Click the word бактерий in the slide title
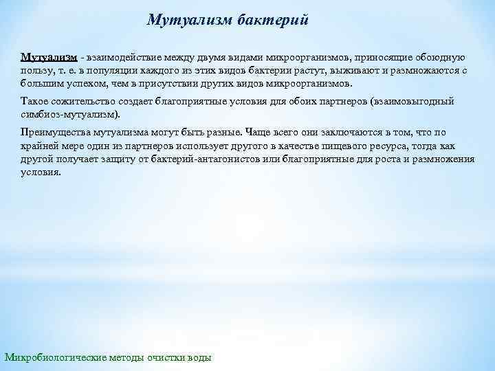274,20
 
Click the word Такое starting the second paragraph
35,101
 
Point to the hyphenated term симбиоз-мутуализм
68,114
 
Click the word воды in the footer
200,357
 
